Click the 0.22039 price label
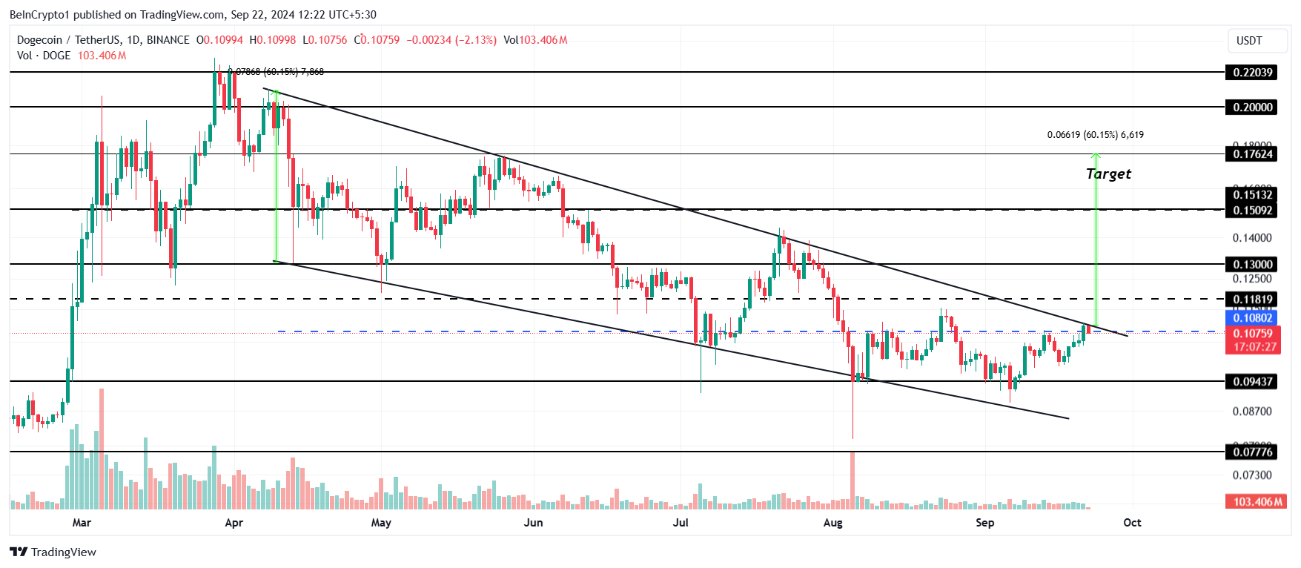coord(1252,72)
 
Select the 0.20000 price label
coord(1252,107)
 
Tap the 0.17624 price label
coord(1252,154)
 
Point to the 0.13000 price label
coord(1252,264)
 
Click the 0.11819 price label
coord(1252,300)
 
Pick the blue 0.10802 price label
coord(1252,318)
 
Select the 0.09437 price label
coord(1252,381)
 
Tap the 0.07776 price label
coord(1252,452)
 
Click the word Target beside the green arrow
coord(1108,174)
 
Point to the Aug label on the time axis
coord(832,523)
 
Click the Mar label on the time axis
coord(82,523)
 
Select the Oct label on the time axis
coord(1132,523)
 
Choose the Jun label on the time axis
coord(533,523)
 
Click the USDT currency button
coord(1249,41)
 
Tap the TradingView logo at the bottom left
coord(53,552)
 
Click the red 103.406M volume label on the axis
coord(1257,502)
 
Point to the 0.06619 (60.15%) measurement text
coord(1095,135)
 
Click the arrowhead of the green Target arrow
coord(1096,156)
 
